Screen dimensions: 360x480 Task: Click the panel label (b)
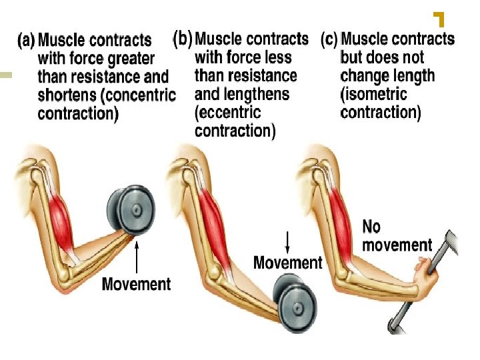(x=183, y=39)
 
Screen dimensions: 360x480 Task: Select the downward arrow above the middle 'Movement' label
(x=287, y=241)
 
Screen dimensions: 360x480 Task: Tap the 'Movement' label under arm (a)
(x=136, y=284)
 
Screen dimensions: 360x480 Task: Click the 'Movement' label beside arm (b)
(x=287, y=262)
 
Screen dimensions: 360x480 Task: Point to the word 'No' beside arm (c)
(x=371, y=227)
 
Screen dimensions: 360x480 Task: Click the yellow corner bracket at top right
(x=439, y=19)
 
